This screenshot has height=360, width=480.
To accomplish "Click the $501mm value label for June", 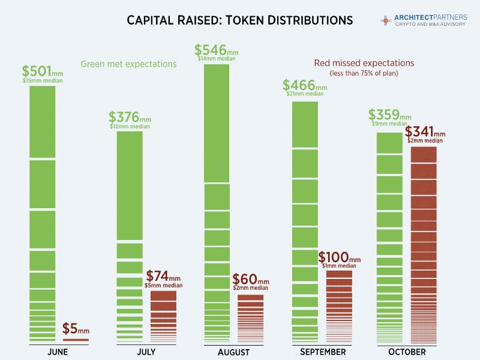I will tap(42, 71).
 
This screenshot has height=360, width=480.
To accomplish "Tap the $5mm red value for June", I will tap(76, 329).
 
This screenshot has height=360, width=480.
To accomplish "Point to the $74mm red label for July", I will tap(163, 277).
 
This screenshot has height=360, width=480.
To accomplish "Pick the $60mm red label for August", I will tap(250, 280).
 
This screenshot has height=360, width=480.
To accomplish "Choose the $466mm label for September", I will tap(305, 86).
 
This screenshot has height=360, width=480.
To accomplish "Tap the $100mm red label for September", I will tap(340, 257).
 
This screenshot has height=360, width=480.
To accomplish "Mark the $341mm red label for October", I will tap(425, 131).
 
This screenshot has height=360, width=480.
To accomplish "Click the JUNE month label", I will tap(58, 352).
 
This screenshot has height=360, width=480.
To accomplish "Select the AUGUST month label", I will tap(234, 352).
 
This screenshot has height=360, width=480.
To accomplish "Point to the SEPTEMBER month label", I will tap(323, 352).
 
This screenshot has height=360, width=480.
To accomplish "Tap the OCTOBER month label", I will tap(407, 352).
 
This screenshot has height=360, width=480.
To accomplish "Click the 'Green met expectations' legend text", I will tap(129, 64).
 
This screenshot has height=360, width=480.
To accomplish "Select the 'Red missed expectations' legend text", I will tap(364, 63).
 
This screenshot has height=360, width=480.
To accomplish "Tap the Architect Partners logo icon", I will tap(385, 20).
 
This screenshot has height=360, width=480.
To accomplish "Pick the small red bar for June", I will tap(76, 340).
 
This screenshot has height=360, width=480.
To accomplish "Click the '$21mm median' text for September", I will tap(305, 94).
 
